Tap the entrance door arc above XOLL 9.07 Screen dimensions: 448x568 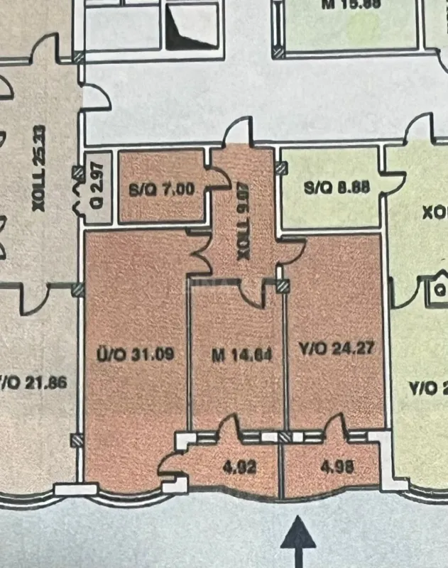[237, 133]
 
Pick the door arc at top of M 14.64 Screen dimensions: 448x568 [249, 293]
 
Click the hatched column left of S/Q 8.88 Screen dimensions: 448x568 [282, 168]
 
